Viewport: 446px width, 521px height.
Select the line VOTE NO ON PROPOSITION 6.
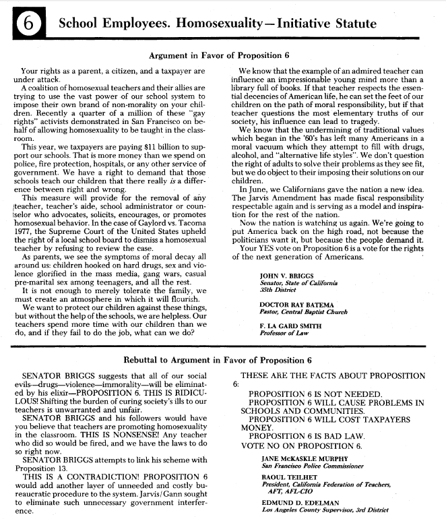pyautogui.click(x=302, y=446)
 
